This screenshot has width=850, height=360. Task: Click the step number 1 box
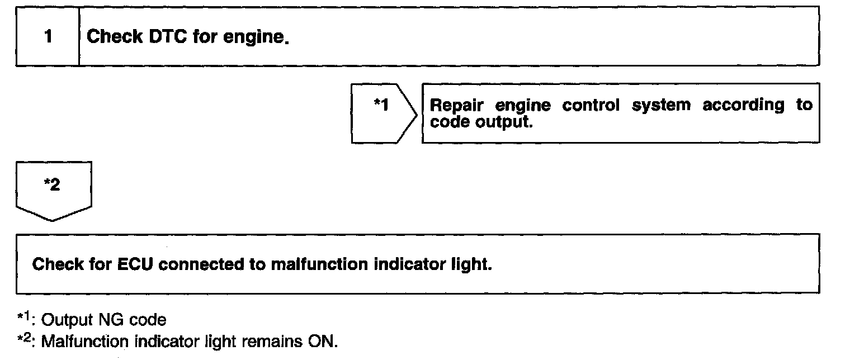(x=48, y=37)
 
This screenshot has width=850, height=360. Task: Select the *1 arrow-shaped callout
(x=382, y=113)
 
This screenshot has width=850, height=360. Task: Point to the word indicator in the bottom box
(x=398, y=264)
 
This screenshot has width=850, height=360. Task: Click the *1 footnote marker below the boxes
(x=25, y=320)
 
